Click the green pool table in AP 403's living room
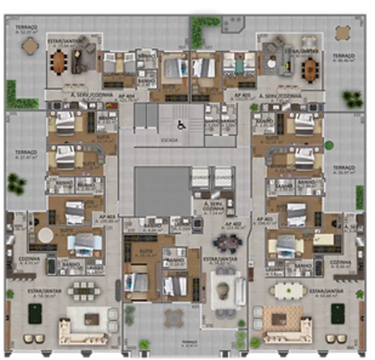click(35, 314)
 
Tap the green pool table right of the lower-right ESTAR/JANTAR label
click(338, 314)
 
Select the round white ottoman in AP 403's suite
click(46, 235)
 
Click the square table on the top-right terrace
click(342, 33)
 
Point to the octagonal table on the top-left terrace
click(30, 46)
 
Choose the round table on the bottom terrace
click(174, 318)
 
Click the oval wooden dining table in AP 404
click(59, 62)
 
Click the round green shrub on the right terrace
click(329, 145)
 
